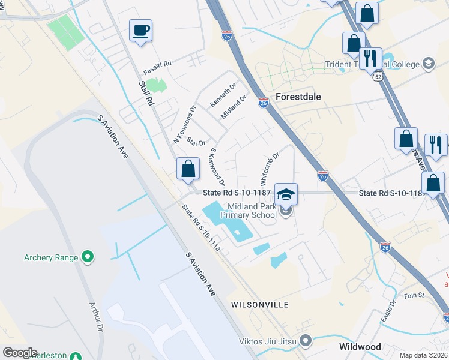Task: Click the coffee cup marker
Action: coord(140,29)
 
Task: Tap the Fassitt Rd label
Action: coord(157,63)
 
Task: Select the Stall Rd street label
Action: coord(146,94)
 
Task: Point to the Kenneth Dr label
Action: coord(223,95)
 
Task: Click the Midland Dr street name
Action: coord(234,106)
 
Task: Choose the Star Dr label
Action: coord(196,142)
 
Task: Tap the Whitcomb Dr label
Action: coord(268,168)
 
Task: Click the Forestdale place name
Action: coord(298,97)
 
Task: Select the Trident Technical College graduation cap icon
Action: coord(429,64)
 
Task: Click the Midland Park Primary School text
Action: coord(247,210)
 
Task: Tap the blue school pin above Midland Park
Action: coord(286,194)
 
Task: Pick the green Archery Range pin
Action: coord(88,257)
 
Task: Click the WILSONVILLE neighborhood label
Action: coord(259,305)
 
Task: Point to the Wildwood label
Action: coord(360,347)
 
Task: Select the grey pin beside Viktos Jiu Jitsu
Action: coord(306,341)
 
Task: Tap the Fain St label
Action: coord(414,295)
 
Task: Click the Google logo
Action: coord(20,353)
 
